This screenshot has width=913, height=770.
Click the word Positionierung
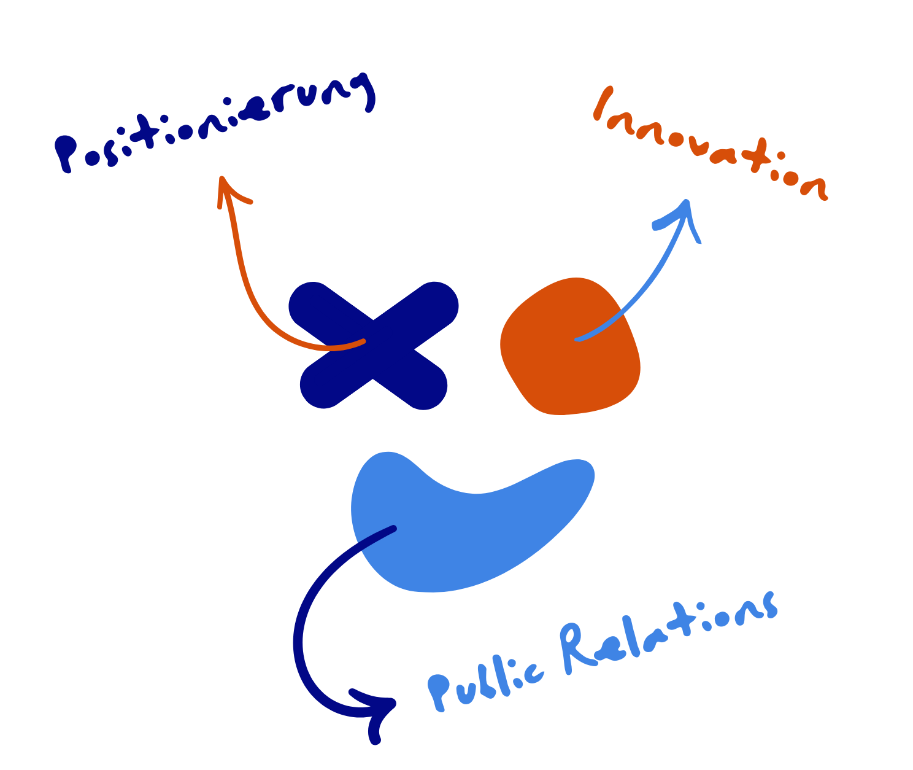(x=215, y=123)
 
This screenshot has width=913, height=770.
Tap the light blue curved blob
(x=466, y=528)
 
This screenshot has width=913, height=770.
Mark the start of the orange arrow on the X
(x=363, y=341)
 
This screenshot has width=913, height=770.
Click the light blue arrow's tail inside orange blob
(x=577, y=339)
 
